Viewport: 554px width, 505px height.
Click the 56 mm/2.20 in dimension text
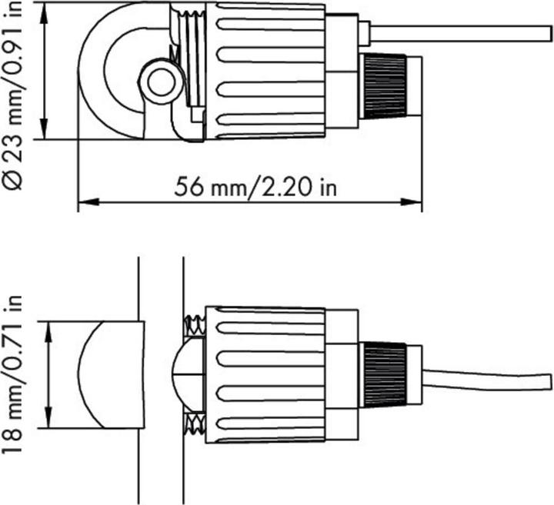257,186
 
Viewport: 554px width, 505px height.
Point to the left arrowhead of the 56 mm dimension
83,204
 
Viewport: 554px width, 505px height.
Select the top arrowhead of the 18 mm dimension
50,327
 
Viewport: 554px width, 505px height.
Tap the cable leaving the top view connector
462,34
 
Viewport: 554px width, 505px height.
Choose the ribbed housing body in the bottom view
265,374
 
